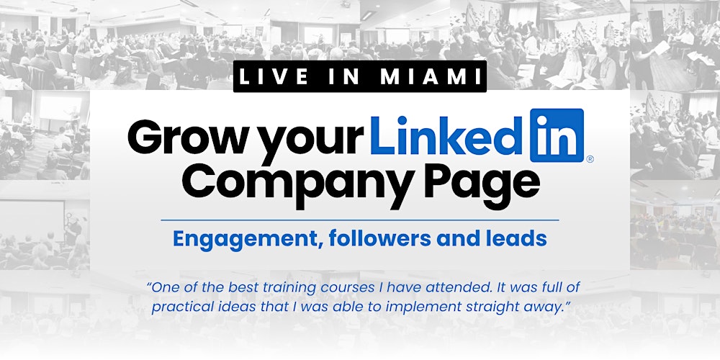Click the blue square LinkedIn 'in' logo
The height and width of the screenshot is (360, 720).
[557, 135]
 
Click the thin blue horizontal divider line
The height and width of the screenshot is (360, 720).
[360, 220]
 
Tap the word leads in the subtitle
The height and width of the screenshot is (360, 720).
[518, 238]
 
